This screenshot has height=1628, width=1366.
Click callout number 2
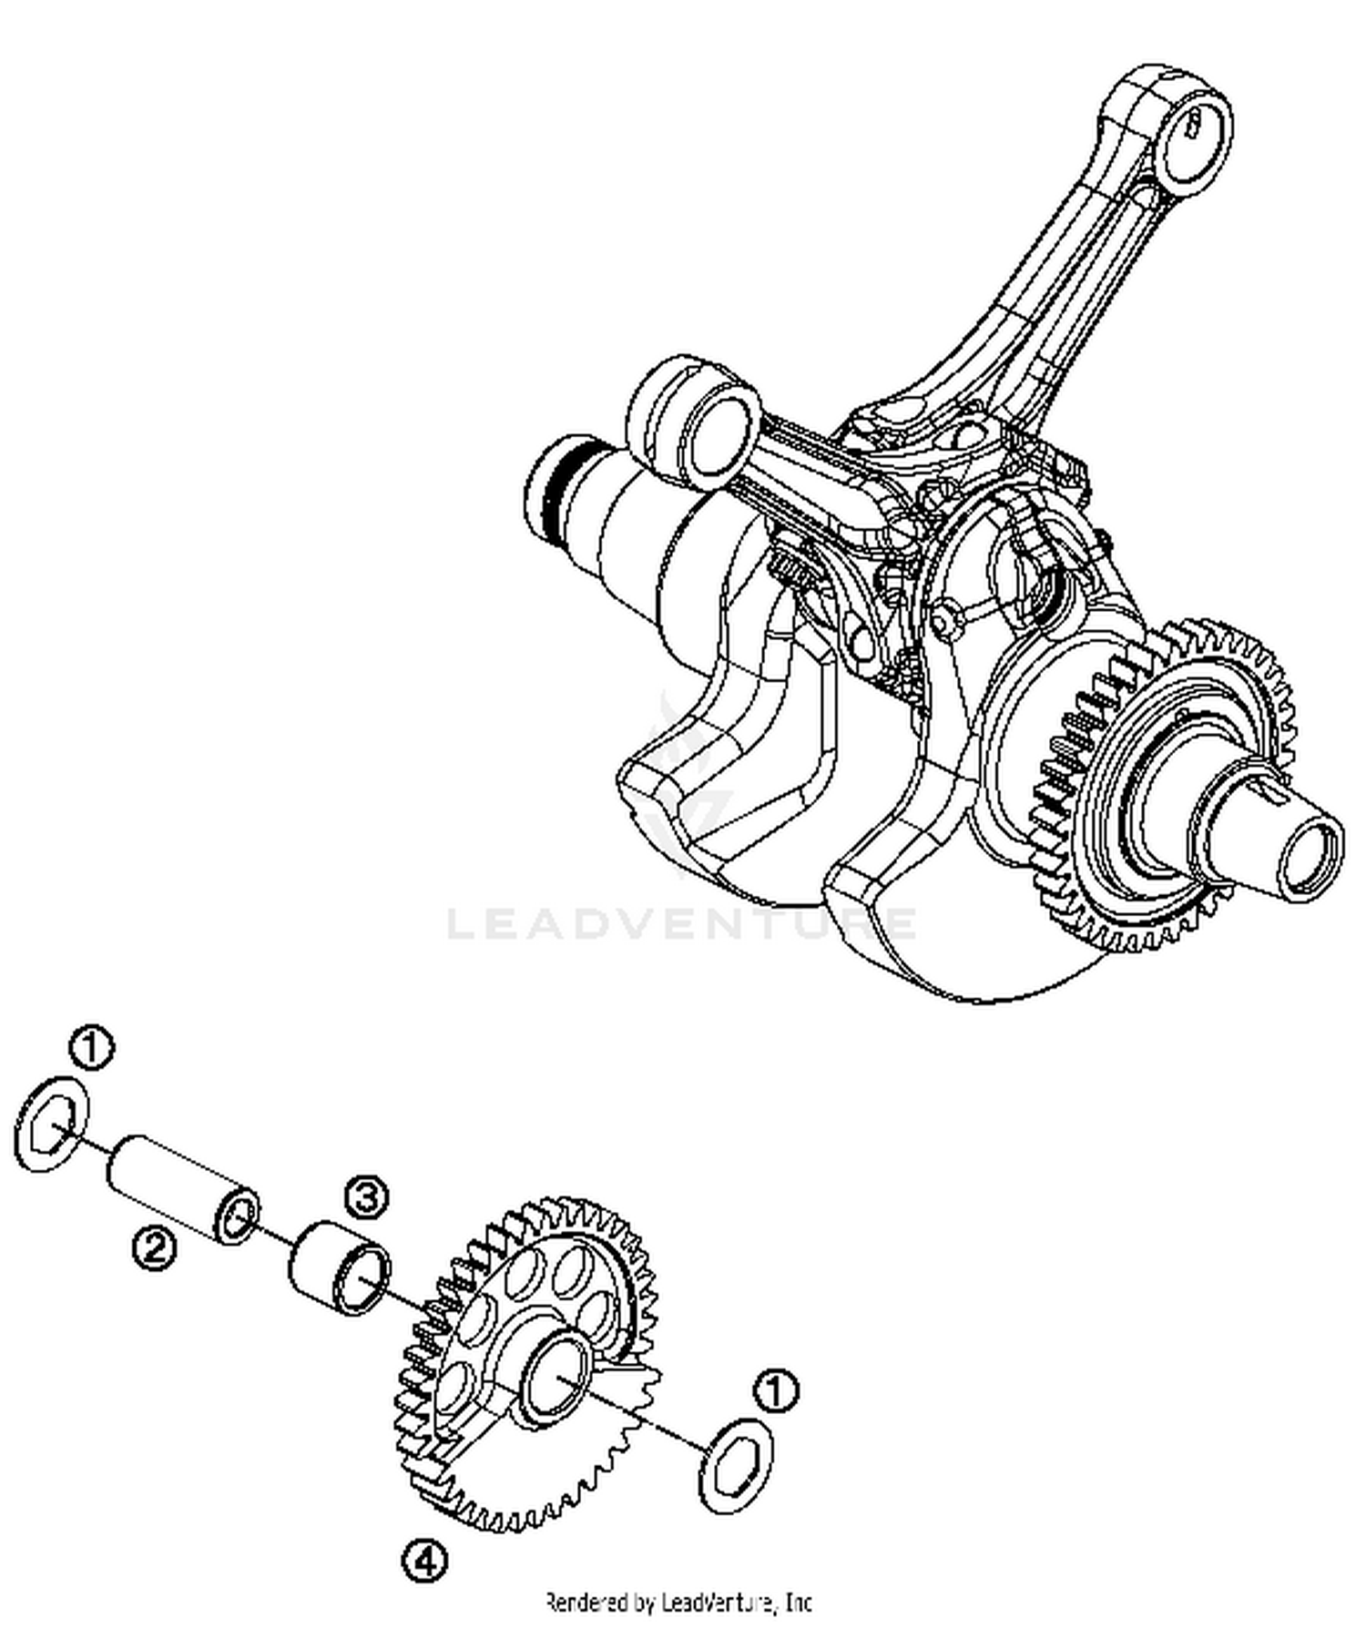[154, 1246]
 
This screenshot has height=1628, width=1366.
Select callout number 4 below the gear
[425, 1562]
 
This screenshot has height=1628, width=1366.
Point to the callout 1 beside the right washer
[776, 1392]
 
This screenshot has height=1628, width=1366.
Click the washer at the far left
[53, 1123]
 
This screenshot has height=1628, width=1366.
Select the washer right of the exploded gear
[736, 1465]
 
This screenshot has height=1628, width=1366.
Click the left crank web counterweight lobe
[719, 801]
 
